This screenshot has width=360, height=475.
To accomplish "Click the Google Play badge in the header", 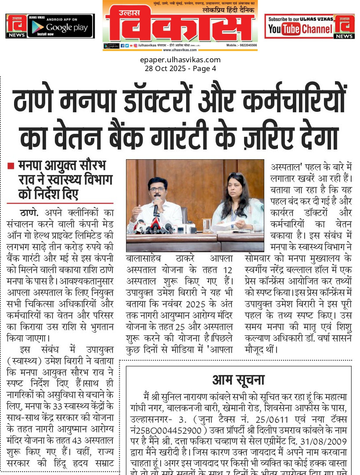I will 61,26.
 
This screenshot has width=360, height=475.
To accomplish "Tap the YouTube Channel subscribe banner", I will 300,26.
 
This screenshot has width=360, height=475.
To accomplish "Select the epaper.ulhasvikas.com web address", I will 180,60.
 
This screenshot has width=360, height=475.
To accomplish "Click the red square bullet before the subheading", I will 11,166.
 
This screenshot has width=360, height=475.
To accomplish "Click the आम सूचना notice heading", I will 238,380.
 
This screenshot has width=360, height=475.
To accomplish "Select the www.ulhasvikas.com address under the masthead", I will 180,50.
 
